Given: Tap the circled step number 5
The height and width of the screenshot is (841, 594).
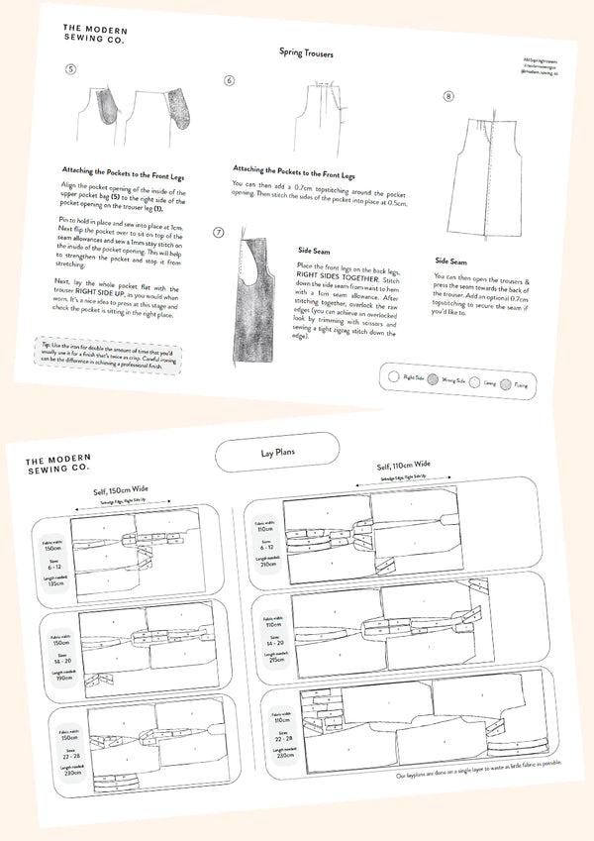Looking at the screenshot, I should pos(68,69).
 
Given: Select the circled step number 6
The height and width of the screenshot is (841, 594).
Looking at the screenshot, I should pos(229,80).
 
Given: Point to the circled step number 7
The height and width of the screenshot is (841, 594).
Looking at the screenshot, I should pos(220,231).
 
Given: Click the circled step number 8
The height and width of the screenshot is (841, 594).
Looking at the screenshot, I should pos(448,97).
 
